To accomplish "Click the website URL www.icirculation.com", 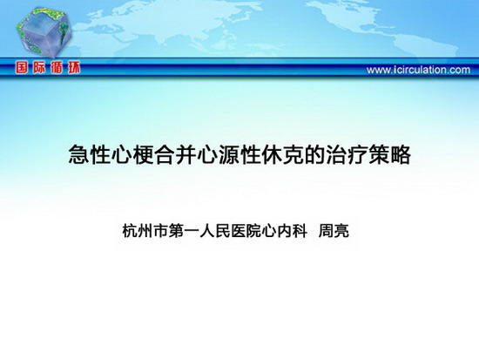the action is click(x=418, y=70).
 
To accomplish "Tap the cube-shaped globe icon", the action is click(x=44, y=33).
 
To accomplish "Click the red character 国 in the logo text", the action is click(x=22, y=68).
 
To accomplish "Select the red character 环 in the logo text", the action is click(x=74, y=68).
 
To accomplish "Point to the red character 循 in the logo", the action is click(x=57, y=68).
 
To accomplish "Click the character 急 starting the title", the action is click(x=78, y=155).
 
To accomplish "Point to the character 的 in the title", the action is click(x=314, y=155).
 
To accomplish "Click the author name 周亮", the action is click(x=334, y=231).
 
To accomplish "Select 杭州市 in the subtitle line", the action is click(x=145, y=231).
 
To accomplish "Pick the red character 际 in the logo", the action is click(x=39, y=68).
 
